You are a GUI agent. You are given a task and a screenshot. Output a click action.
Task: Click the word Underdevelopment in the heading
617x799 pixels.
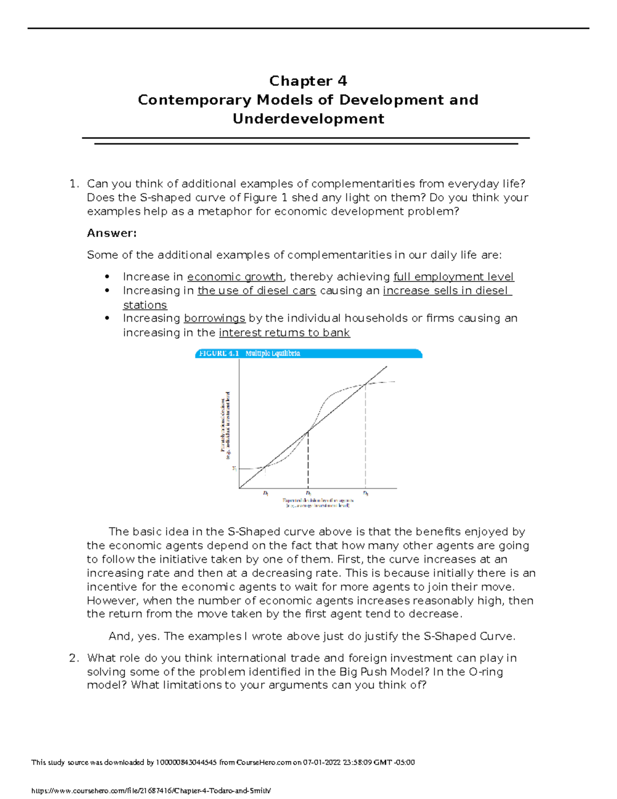pyautogui.click(x=308, y=119)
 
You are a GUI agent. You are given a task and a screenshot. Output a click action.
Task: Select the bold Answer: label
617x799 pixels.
pyautogui.click(x=112, y=233)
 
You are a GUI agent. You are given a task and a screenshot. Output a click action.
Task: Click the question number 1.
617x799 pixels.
pyautogui.click(x=74, y=184)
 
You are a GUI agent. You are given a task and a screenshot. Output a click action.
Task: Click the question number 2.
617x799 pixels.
pyautogui.click(x=74, y=658)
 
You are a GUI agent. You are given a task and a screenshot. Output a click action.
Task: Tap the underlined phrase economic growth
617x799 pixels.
pyautogui.click(x=235, y=277)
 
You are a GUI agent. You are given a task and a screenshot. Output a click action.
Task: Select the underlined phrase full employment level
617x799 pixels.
pyautogui.click(x=453, y=277)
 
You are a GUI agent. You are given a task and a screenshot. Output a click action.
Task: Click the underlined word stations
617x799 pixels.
pyautogui.click(x=144, y=305)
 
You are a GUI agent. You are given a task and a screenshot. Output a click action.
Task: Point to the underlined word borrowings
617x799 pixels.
pyautogui.click(x=214, y=318)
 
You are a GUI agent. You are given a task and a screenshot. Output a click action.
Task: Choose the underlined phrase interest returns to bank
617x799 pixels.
pyautogui.click(x=284, y=333)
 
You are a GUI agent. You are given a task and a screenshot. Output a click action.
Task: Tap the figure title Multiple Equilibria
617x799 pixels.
pyautogui.click(x=273, y=353)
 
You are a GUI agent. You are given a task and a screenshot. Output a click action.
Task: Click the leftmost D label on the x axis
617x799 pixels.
pyautogui.click(x=265, y=493)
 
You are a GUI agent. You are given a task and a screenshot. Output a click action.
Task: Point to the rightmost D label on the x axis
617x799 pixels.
pyautogui.click(x=366, y=493)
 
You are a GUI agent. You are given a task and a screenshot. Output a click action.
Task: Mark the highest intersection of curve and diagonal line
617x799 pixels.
pyautogui.click(x=366, y=384)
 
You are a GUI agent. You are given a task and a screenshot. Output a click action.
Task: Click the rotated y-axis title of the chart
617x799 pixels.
pyautogui.click(x=225, y=425)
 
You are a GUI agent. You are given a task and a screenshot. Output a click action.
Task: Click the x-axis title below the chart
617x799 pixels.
pyautogui.click(x=318, y=503)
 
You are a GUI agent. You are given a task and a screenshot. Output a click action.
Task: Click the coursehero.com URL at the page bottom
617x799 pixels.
pyautogui.click(x=151, y=791)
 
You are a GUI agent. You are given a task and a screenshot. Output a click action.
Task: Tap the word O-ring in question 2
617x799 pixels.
pyautogui.click(x=486, y=672)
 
